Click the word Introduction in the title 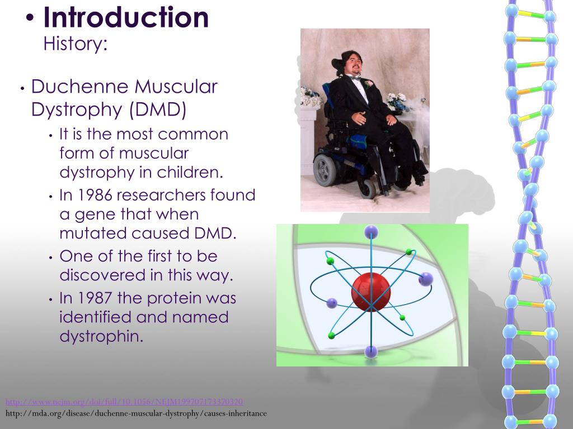[x=126, y=18]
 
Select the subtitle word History [x=74, y=44]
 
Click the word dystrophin [x=101, y=336]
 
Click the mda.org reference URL [x=136, y=414]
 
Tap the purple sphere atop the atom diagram [x=371, y=231]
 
